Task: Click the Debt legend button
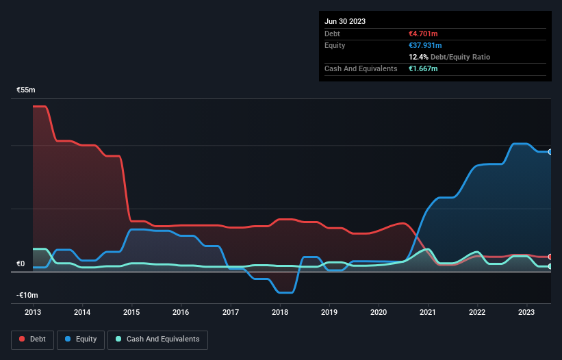[33, 339]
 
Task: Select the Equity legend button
[81, 339]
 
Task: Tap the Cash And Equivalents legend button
[157, 339]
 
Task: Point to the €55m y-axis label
[27, 90]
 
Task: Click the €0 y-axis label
[21, 264]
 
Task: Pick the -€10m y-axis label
[27, 295]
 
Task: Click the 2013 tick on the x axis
[33, 312]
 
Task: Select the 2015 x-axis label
[131, 312]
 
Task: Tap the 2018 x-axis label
[280, 312]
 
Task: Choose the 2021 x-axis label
[429, 312]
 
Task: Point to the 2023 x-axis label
[527, 312]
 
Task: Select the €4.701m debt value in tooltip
[423, 34]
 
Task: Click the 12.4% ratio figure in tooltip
[418, 57]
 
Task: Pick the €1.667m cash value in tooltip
[423, 68]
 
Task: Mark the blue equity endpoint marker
[550, 152]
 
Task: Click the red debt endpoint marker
[550, 257]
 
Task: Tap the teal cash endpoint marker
[550, 266]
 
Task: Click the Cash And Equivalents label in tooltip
[361, 68]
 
